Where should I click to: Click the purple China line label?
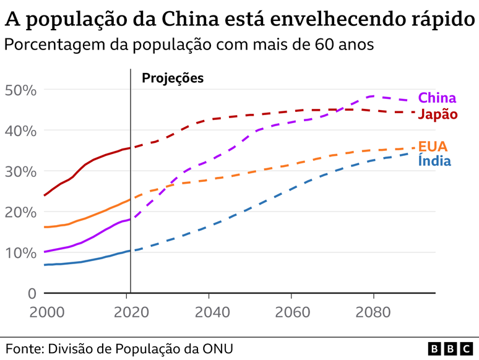coord(437,98)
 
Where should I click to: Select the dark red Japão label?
coord(438,114)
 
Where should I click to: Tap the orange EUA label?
coord(433,147)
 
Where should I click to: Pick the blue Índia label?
coord(434,161)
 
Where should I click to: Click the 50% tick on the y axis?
coord(21,90)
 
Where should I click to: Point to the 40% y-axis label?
coord(21,131)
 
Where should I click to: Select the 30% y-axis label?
coord(21,171)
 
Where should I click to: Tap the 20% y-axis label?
coord(21,212)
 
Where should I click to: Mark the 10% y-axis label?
coord(21,253)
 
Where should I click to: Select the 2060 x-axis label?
coord(291,311)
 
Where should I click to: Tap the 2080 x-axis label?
coord(373,311)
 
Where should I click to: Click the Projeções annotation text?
coord(173,78)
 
